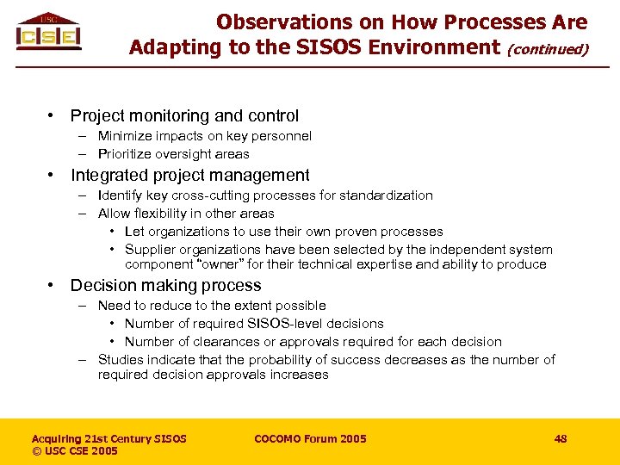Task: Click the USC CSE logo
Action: [48, 33]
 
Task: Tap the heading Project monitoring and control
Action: [184, 115]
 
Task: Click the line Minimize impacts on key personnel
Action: [204, 136]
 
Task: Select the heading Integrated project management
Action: [189, 176]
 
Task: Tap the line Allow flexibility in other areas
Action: [186, 214]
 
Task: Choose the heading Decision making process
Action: [165, 285]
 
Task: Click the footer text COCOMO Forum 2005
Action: [310, 439]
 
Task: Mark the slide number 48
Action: [561, 439]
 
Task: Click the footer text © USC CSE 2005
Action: [75, 451]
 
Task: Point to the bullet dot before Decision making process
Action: [53, 285]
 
